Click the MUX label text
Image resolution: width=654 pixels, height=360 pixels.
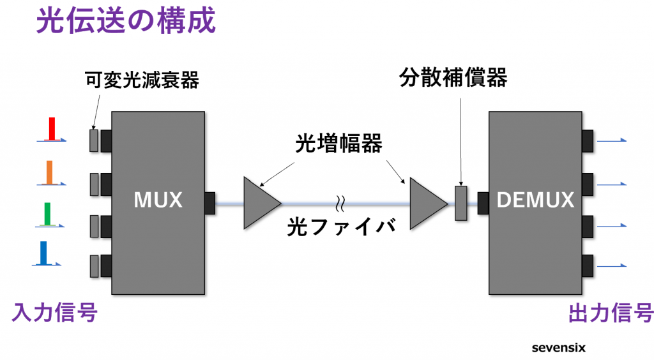tap(158, 200)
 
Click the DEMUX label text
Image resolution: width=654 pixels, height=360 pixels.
tap(535, 200)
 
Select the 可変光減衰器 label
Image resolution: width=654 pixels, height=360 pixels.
tap(142, 80)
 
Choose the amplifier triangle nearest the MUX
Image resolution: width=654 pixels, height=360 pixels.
tap(259, 203)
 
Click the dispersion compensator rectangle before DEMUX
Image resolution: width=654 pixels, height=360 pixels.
tap(461, 203)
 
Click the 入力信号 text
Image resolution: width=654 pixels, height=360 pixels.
tap(54, 313)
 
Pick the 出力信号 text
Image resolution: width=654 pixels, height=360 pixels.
tap(610, 313)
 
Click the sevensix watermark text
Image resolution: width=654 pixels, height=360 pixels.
tap(558, 348)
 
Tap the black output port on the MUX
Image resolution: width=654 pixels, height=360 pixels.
tap(209, 203)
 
